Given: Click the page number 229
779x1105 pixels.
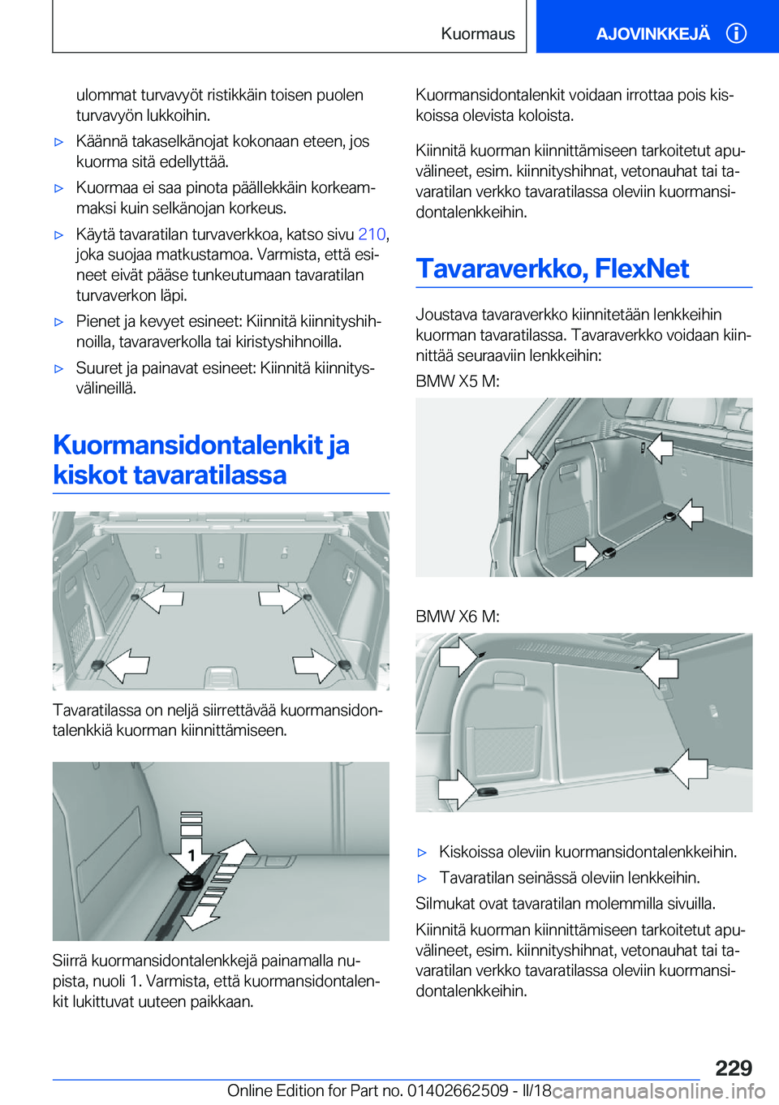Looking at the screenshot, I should tap(734, 1068).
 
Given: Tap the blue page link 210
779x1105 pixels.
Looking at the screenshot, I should tap(372, 234).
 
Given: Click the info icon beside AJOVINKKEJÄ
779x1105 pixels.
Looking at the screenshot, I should tap(736, 33).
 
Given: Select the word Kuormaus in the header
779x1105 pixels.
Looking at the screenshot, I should tap(478, 34).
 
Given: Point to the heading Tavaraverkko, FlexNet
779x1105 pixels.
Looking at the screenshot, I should tap(553, 269).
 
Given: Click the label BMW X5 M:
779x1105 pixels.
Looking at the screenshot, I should tap(458, 381).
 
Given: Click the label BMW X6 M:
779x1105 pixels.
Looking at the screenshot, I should tap(458, 617).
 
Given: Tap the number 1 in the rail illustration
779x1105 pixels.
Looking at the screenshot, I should tap(192, 855).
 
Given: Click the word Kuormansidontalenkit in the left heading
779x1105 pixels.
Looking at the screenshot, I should tap(188, 445).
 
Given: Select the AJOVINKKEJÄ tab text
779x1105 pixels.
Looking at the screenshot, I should tap(652, 34).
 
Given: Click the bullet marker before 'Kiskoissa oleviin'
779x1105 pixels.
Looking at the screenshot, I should tap(422, 853).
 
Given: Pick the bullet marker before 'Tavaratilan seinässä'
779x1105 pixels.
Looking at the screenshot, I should tap(422, 879).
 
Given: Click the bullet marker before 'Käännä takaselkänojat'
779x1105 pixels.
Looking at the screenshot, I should tap(58, 142).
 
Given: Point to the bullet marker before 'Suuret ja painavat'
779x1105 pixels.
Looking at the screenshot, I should tap(58, 368).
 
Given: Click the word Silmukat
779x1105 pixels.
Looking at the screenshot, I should tap(444, 904).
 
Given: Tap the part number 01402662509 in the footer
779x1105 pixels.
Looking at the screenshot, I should tap(458, 1091).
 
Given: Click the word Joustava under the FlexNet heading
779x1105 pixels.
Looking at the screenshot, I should tap(445, 315).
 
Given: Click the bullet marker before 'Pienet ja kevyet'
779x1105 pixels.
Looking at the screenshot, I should tap(58, 322).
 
